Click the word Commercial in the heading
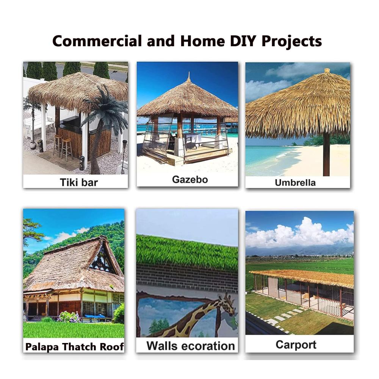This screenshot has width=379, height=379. (97, 41)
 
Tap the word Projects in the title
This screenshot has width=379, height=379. (291, 41)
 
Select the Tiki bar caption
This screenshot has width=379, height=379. (79, 182)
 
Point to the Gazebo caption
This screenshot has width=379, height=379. (190, 180)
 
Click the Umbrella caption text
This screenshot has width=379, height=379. (295, 183)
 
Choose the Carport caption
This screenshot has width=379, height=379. (296, 345)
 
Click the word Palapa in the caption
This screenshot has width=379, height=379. (42, 347)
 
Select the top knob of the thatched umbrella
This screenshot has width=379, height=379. (327, 70)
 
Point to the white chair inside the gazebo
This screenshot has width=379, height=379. (193, 140)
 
